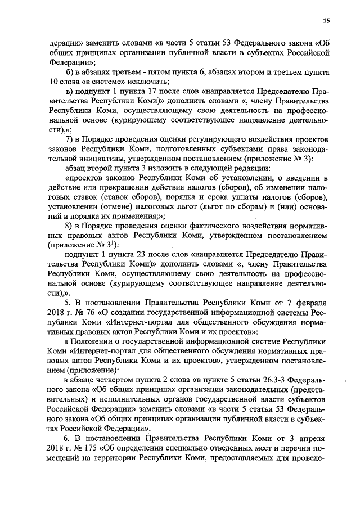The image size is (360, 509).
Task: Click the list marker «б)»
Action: click(x=70, y=73)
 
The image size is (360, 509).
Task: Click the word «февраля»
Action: click(x=312, y=302)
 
